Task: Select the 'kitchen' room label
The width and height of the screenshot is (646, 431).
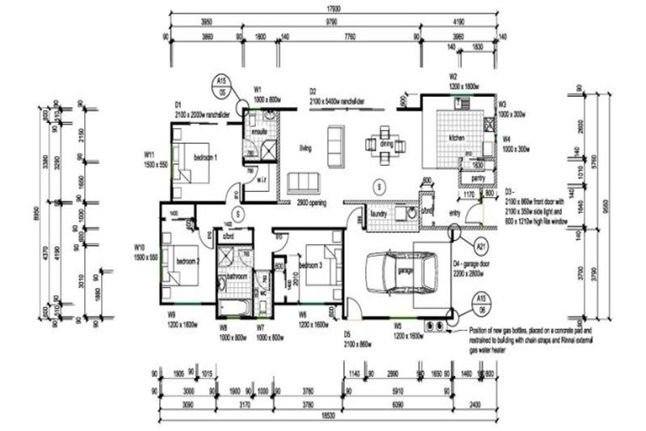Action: (x=457, y=136)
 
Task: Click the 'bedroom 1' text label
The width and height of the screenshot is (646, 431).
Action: (x=205, y=157)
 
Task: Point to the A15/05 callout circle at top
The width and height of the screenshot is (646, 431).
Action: (x=222, y=85)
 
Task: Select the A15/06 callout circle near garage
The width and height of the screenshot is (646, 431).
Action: (x=481, y=301)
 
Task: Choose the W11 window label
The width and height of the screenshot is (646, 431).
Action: (x=149, y=154)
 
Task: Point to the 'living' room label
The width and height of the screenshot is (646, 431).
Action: (x=306, y=147)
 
